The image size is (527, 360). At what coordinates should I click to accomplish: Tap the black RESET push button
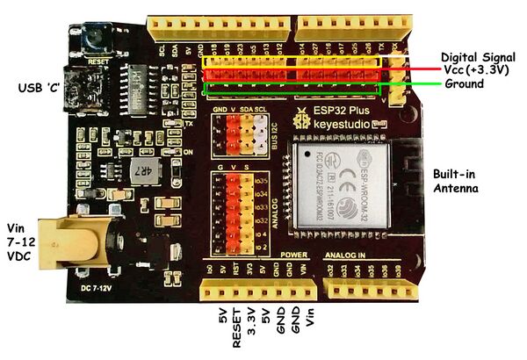pyautogui.click(x=89, y=36)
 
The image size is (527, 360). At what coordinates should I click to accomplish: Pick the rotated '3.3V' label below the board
pyautogui.click(x=250, y=324)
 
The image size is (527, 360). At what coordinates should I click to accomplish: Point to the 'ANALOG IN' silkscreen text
pyautogui.click(x=345, y=256)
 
